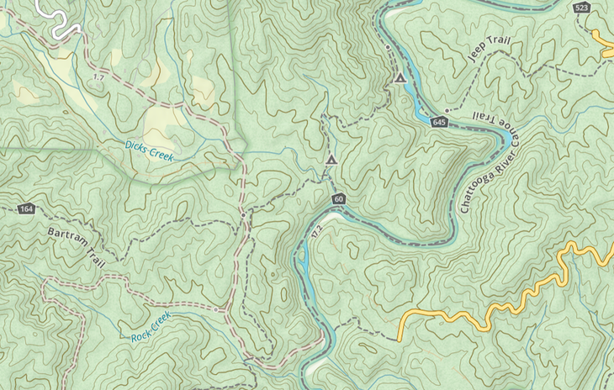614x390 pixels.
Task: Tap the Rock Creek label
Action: (x=151, y=326)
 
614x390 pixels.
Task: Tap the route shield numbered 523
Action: (x=580, y=8)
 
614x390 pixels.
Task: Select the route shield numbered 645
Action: (x=439, y=123)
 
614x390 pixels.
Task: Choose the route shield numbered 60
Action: (x=338, y=199)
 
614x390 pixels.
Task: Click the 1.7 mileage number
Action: (x=98, y=77)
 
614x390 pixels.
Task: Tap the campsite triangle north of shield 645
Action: (x=400, y=79)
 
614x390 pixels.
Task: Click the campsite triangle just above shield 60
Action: (x=331, y=159)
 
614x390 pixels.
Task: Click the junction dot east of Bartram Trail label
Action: (x=242, y=216)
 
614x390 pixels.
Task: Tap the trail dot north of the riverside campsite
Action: (x=388, y=48)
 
